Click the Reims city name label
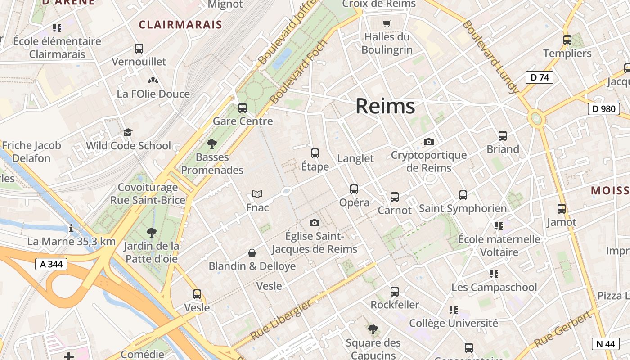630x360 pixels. click(x=385, y=106)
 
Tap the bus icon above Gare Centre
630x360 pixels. click(x=243, y=108)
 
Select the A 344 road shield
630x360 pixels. click(x=51, y=265)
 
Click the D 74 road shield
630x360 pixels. click(x=540, y=77)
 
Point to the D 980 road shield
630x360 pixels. click(x=603, y=108)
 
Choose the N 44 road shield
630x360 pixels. click(x=605, y=344)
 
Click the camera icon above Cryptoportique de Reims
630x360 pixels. click(x=429, y=142)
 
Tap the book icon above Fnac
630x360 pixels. click(x=257, y=194)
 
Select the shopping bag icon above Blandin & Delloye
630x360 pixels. click(x=252, y=253)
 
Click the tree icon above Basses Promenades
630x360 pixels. click(x=212, y=144)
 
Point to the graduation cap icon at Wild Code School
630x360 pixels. click(x=128, y=132)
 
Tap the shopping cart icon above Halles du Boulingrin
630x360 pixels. click(x=387, y=23)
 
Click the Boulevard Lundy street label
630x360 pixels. click(x=490, y=57)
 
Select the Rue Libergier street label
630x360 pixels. click(x=280, y=320)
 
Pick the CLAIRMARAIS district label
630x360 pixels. click(x=180, y=24)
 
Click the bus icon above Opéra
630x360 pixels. click(x=354, y=189)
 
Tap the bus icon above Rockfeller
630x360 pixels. click(x=395, y=292)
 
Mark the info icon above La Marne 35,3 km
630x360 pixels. click(x=71, y=229)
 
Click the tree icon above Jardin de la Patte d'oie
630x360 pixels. click(x=152, y=233)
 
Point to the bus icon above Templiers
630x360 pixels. click(x=567, y=40)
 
